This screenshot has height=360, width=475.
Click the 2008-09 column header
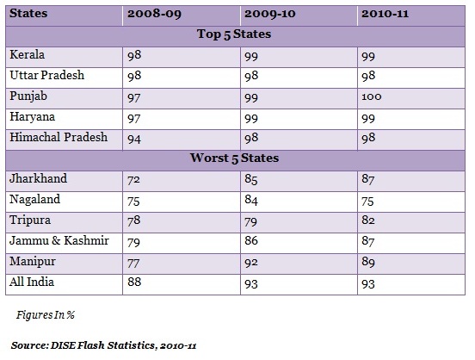154,14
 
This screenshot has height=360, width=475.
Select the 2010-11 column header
385,14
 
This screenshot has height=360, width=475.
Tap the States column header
28,13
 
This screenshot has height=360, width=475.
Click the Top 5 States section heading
234,34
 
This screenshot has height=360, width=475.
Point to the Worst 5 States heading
234,158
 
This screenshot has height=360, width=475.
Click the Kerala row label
28,55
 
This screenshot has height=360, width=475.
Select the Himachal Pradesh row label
59,137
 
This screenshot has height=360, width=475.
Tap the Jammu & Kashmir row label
59,240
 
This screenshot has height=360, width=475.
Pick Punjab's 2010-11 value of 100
372,96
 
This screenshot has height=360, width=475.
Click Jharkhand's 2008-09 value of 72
133,180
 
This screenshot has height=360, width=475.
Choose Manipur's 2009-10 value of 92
251,263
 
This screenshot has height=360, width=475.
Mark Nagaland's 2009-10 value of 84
251,200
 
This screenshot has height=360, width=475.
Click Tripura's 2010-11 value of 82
368,220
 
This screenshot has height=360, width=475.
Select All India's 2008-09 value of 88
134,282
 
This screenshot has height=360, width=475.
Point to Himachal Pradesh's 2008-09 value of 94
134,140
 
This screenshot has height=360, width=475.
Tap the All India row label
32,282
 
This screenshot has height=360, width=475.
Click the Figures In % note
46,315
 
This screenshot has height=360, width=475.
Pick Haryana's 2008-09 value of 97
134,119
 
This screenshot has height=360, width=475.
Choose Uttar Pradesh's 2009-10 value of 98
251,76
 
